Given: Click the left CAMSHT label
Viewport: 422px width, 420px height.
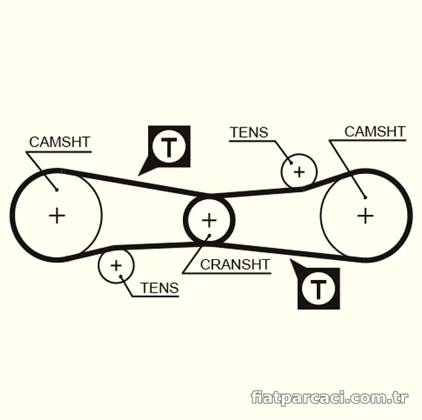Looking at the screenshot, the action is [59, 142].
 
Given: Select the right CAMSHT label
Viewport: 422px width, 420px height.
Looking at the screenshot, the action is [375, 132].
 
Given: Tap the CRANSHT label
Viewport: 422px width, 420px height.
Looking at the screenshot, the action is [235, 264].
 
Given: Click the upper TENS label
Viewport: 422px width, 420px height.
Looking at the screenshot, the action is [249, 132].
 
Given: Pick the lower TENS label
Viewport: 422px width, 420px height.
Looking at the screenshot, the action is [159, 288].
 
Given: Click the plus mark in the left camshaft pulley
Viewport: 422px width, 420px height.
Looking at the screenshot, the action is [57, 216].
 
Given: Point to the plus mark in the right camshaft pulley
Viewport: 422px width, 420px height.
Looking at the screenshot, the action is [365, 216].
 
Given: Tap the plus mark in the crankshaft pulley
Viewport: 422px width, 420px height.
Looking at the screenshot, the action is [209, 221].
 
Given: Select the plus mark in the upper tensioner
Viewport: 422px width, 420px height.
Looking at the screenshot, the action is [299, 172].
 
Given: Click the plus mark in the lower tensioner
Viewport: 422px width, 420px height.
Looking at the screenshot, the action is [116, 266].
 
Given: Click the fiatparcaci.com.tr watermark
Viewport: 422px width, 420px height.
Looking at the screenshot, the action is [329, 397].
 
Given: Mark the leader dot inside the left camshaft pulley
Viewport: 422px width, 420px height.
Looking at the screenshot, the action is [57, 190].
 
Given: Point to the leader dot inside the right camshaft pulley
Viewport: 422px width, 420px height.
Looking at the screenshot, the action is [365, 197].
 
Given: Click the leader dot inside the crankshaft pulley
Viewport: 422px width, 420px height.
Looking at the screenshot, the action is [210, 236].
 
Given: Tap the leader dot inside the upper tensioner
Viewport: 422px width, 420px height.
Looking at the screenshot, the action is [291, 163].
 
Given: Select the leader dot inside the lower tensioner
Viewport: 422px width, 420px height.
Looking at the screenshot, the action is [121, 276].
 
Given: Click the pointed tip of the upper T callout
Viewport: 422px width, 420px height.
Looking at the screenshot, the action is [138, 176].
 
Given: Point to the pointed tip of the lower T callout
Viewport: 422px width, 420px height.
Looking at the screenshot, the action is [290, 259].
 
